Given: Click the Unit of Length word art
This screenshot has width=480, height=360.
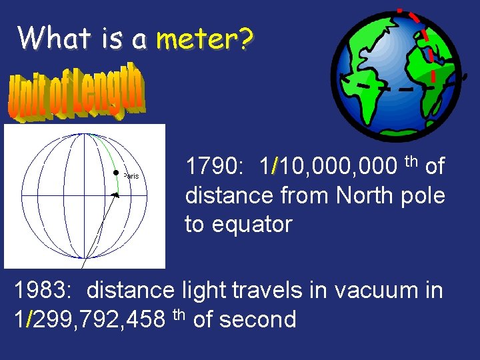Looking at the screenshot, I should coord(75,93).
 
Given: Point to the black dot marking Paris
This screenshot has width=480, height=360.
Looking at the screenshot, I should coord(115,173).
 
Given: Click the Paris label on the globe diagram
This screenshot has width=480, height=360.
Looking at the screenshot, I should coord(131,176).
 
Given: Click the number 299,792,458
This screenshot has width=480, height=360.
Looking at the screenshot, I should coord(87,319).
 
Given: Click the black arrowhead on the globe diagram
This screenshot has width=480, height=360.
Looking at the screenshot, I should coord(115,195).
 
